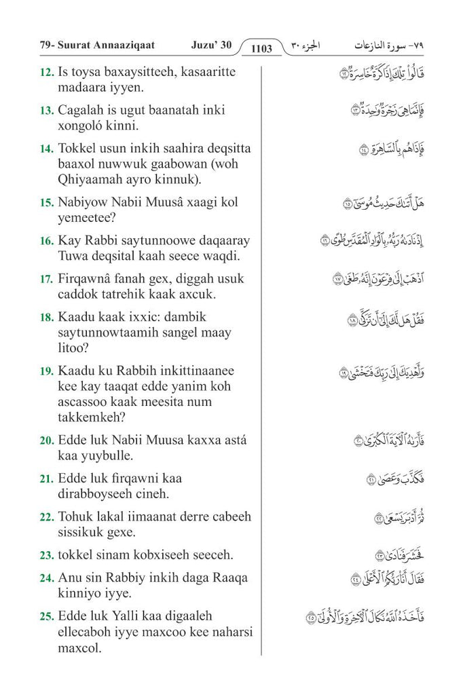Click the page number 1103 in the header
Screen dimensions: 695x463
point(261,48)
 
